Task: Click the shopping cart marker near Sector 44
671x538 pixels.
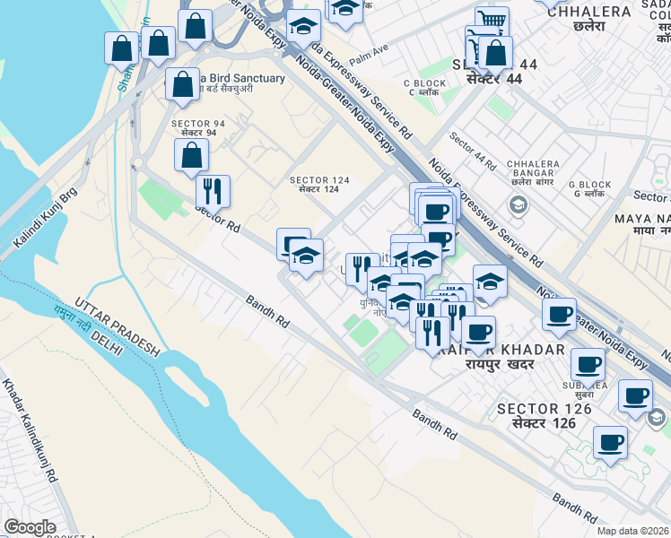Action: [x=490, y=21]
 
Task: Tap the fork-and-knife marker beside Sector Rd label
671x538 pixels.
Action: [x=213, y=191]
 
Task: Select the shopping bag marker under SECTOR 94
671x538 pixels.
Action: [x=191, y=155]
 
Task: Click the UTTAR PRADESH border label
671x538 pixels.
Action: [x=118, y=327]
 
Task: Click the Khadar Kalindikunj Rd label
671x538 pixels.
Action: [x=29, y=430]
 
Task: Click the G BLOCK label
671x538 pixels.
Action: [x=592, y=189]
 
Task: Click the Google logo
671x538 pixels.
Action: [x=30, y=527]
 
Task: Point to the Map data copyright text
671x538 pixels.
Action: [x=633, y=531]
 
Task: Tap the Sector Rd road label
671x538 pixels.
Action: [x=219, y=217]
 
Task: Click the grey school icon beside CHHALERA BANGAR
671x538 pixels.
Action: [x=518, y=205]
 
